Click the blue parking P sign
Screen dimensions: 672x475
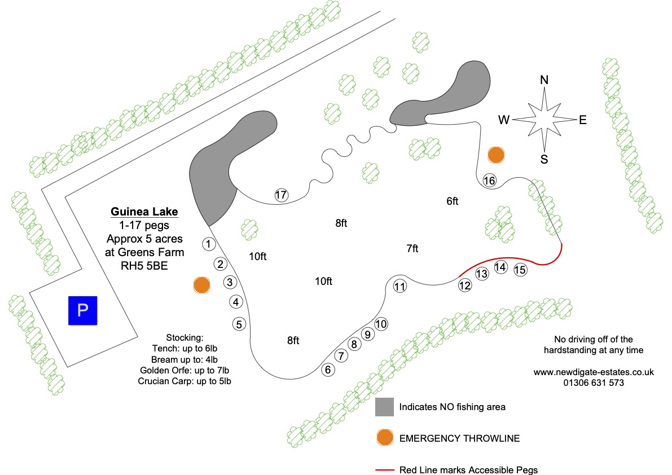tap(83, 310)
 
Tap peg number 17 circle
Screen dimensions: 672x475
tap(281, 195)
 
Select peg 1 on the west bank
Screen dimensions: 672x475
tap(209, 244)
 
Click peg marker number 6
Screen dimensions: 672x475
tap(328, 370)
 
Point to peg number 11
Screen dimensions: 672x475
tap(400, 287)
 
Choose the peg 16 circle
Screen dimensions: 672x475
tap(489, 181)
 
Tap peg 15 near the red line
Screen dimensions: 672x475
tap(520, 270)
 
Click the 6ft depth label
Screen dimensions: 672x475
tap(452, 201)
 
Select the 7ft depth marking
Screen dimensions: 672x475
tap(412, 248)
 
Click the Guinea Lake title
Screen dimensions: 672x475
tap(144, 212)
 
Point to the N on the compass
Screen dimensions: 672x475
tap(544, 80)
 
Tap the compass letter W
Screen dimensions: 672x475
tap(504, 120)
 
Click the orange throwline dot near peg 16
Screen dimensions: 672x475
tap(496, 155)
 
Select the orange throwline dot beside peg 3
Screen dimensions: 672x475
tap(202, 285)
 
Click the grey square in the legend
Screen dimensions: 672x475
tap(384, 407)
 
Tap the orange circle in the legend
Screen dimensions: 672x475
tap(385, 438)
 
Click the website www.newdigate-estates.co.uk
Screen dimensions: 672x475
tap(594, 372)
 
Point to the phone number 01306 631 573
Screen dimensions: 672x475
tap(594, 383)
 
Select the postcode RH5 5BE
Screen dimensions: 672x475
tap(144, 266)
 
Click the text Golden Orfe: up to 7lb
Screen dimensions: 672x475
tap(185, 371)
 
